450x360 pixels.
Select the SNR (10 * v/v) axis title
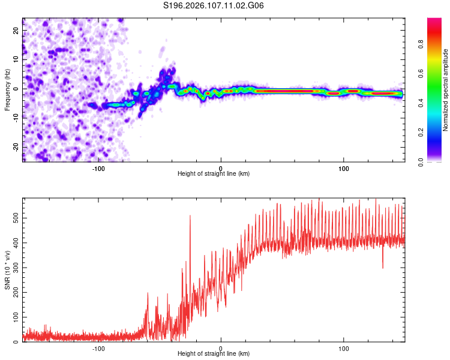7,269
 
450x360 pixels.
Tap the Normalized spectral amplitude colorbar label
446,90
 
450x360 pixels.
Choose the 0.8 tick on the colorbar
437,44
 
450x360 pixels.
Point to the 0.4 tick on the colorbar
437,103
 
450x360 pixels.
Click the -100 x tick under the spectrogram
98,167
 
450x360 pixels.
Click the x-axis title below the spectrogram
214,174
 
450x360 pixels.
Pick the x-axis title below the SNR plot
214,355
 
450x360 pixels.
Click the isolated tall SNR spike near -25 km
190,217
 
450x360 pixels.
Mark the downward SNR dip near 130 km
383,267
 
